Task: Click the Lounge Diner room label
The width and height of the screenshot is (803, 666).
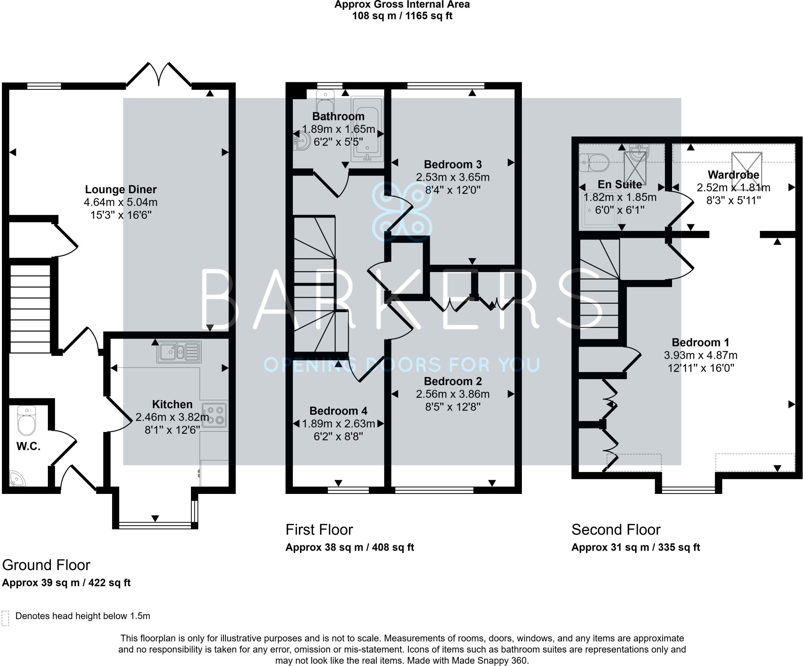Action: [x=121, y=190]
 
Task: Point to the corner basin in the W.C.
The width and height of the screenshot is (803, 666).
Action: [x=16, y=478]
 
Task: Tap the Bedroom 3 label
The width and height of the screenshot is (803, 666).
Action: [x=453, y=165]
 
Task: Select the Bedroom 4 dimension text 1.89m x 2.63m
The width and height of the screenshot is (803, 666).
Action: [x=339, y=424]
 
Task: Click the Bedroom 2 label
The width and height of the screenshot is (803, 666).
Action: [x=453, y=381]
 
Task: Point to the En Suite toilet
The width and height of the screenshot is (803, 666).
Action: [x=594, y=162]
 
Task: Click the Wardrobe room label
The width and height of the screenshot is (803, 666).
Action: [x=733, y=175]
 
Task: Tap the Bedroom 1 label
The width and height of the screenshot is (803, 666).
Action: [x=700, y=343]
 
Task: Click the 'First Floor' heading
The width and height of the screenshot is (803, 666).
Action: [x=319, y=530]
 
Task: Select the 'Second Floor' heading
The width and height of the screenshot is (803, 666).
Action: [x=616, y=530]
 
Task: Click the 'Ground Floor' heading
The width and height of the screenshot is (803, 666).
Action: [x=46, y=565]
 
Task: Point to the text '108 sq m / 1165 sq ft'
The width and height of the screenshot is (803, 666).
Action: [x=402, y=16]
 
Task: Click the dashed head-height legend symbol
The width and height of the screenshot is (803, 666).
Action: [x=5, y=618]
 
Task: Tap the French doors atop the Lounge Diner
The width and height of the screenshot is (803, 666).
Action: [x=159, y=74]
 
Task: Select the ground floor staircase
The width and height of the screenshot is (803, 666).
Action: [x=31, y=309]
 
